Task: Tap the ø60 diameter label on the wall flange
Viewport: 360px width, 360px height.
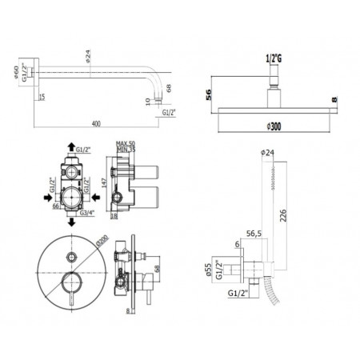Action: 17,77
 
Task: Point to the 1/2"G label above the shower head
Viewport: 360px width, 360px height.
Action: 272,59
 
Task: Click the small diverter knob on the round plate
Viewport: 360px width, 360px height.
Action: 73,256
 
